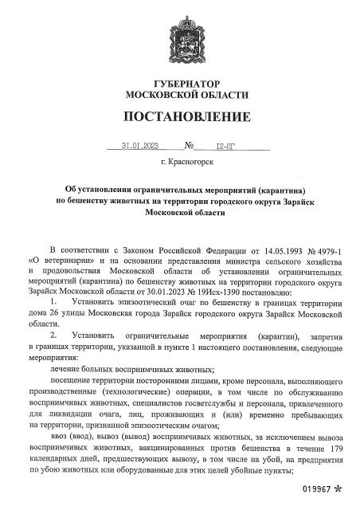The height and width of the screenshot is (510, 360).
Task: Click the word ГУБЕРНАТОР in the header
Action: coord(180,84)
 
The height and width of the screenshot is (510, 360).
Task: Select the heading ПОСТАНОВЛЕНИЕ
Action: coord(180,118)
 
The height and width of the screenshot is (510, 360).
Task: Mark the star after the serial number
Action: coord(339,496)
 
